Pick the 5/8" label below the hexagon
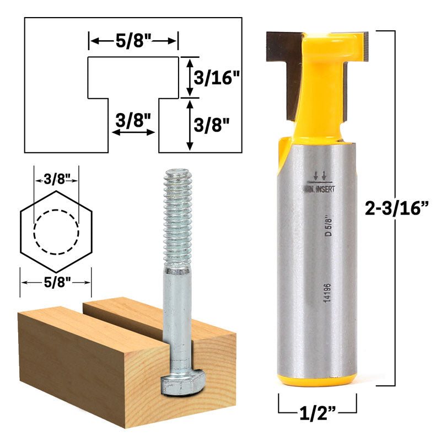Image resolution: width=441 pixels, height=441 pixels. [56, 282]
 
